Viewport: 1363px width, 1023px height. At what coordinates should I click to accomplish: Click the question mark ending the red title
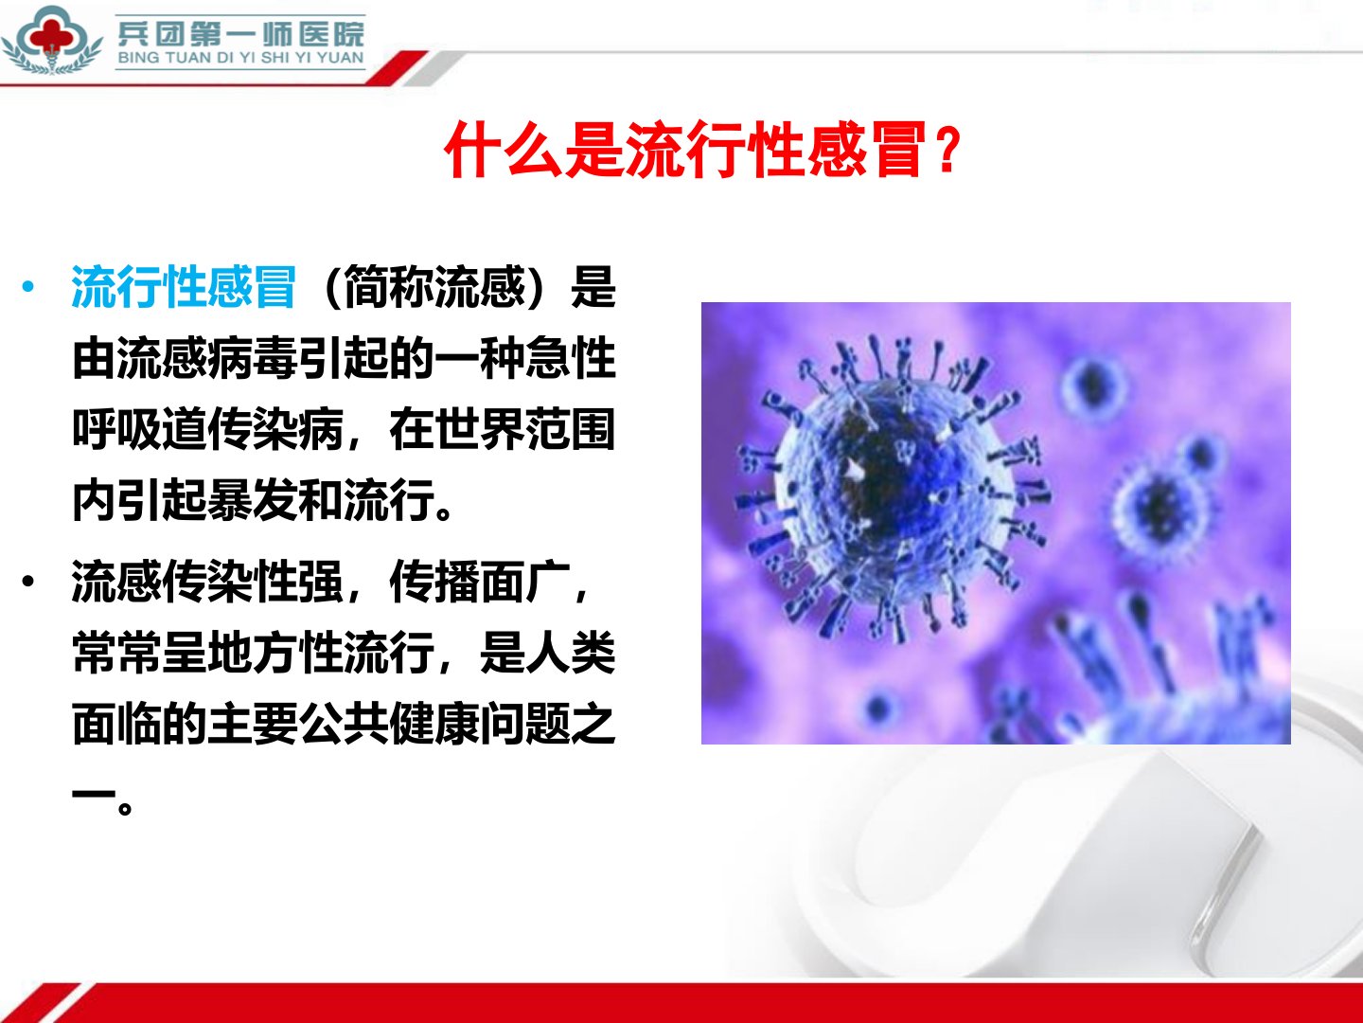(x=948, y=149)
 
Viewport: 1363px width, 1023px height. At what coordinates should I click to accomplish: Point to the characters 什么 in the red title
(x=504, y=149)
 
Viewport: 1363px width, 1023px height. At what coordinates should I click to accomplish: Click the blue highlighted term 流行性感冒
(x=184, y=287)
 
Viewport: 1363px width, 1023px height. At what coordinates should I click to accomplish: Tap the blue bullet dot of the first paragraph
(x=28, y=286)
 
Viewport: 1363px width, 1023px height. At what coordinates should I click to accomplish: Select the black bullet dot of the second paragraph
(x=28, y=582)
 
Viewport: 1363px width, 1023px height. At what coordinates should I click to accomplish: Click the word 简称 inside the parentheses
(x=388, y=287)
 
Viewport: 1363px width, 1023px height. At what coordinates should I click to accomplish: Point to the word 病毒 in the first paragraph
(x=253, y=358)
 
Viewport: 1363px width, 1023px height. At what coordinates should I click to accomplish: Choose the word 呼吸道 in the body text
(x=140, y=429)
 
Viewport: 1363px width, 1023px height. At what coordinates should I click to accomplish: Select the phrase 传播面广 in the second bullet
(x=479, y=582)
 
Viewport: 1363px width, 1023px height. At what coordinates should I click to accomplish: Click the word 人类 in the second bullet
(x=570, y=653)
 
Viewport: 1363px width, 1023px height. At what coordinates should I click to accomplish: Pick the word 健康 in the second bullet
(x=434, y=724)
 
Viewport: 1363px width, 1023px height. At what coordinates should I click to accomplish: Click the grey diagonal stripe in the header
(x=434, y=68)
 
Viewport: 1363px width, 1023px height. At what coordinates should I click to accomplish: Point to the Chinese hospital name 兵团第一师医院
(x=241, y=32)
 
